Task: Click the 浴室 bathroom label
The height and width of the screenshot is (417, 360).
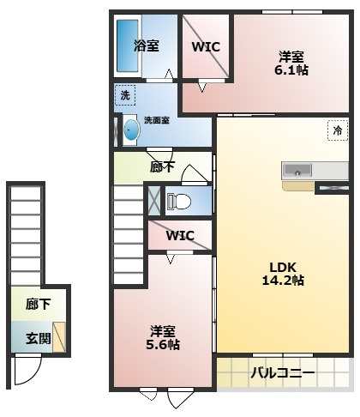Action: tap(147, 46)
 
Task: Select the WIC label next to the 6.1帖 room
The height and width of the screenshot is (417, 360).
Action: tap(206, 46)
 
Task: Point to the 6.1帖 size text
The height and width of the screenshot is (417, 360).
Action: tap(291, 70)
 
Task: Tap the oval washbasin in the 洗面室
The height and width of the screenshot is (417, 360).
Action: tap(130, 130)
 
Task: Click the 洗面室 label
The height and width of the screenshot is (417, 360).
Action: tap(156, 120)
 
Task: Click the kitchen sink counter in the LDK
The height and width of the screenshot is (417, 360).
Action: tap(301, 169)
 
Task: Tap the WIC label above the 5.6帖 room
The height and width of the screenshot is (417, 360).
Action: tap(180, 235)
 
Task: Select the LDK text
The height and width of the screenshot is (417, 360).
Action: tap(283, 267)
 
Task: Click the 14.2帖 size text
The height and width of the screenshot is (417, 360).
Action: tap(283, 280)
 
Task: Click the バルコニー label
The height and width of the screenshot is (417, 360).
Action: tap(282, 373)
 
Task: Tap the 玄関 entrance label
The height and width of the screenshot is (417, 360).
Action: tap(38, 337)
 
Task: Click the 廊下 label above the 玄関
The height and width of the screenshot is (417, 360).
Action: tap(38, 305)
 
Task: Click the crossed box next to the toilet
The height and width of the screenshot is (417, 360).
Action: tap(153, 200)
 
